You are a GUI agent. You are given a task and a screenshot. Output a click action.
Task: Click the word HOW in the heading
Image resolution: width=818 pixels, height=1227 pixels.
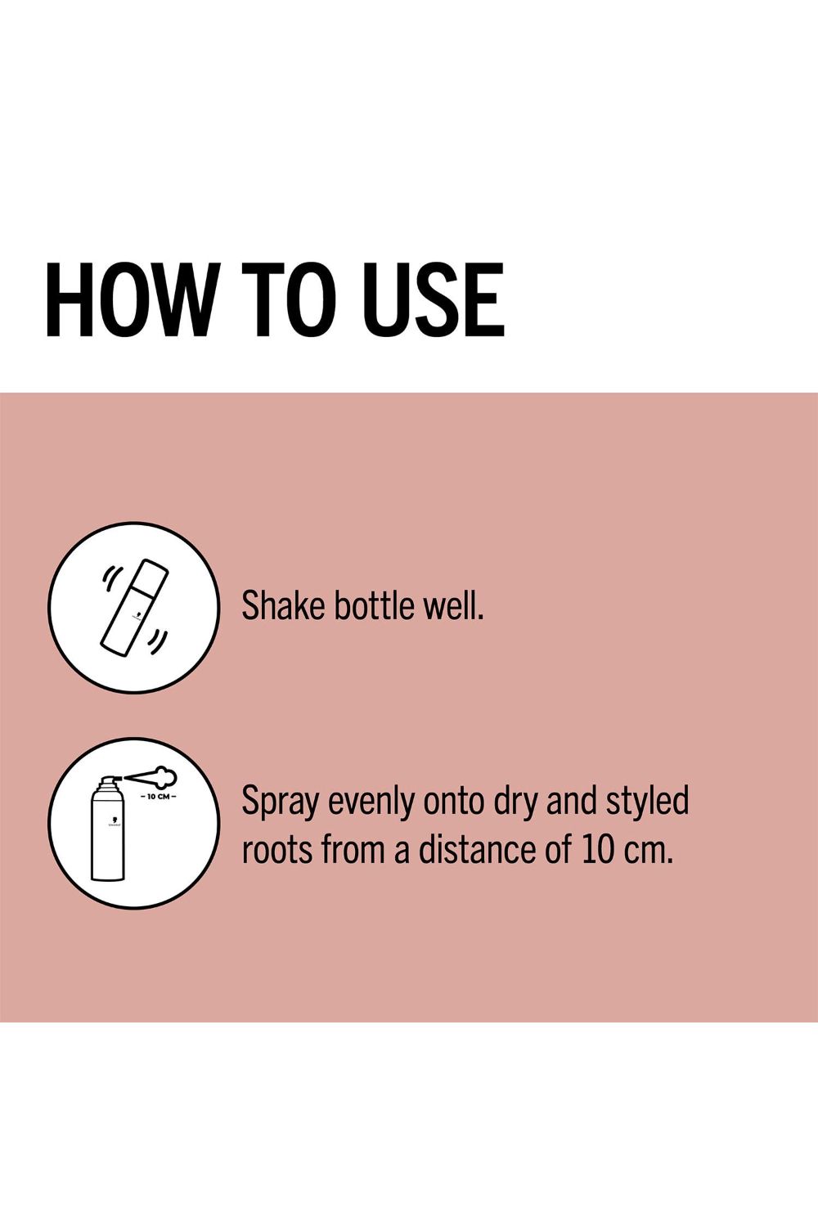click(128, 300)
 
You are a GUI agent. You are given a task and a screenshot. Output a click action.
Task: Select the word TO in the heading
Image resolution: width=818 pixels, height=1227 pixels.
click(289, 300)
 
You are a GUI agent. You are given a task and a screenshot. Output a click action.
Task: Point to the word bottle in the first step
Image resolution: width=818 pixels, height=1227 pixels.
click(374, 606)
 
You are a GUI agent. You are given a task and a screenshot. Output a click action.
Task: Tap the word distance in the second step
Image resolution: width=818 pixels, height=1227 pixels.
click(476, 849)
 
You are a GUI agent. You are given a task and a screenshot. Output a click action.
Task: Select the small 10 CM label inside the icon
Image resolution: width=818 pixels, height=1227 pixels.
click(159, 796)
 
